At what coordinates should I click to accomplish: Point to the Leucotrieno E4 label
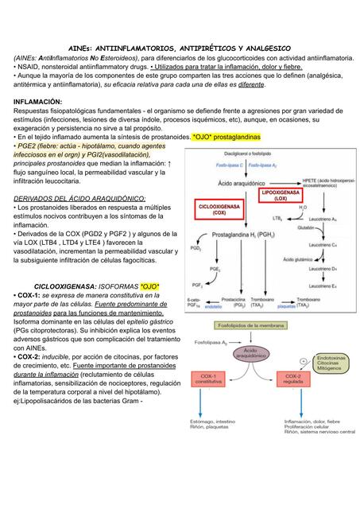pos(323,285)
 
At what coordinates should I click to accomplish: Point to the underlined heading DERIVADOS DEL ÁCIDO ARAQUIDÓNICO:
pos(79,198)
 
